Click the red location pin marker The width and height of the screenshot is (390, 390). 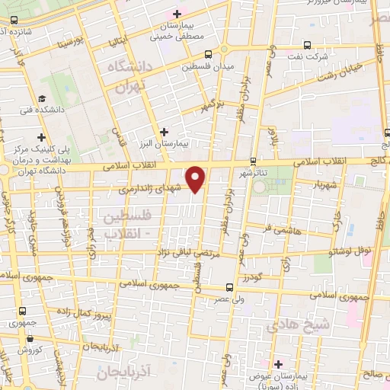197,178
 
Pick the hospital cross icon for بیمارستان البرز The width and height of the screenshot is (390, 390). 165,130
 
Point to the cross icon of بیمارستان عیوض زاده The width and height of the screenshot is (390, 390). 278,363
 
